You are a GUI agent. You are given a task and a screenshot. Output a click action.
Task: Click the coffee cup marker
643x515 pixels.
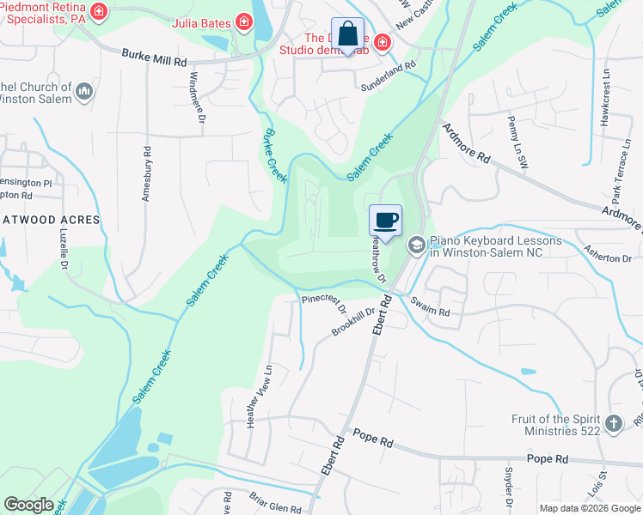(x=386, y=220)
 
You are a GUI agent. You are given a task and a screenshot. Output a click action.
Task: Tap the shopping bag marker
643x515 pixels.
(x=347, y=35)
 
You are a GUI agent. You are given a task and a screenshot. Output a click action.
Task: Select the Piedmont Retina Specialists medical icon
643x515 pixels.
(x=100, y=11)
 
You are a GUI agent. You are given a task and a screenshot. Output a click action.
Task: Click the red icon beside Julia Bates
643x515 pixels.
(x=244, y=21)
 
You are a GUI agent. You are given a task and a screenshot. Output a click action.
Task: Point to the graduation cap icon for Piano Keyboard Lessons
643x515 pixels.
(x=416, y=246)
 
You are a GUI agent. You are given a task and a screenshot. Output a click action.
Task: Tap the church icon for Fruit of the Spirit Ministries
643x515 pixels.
(x=613, y=423)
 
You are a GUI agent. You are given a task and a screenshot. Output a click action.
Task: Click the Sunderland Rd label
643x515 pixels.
(x=388, y=64)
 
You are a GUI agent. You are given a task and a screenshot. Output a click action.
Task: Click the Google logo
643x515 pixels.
(x=28, y=504)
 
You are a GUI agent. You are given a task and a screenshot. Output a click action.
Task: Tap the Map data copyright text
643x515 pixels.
(x=589, y=508)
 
